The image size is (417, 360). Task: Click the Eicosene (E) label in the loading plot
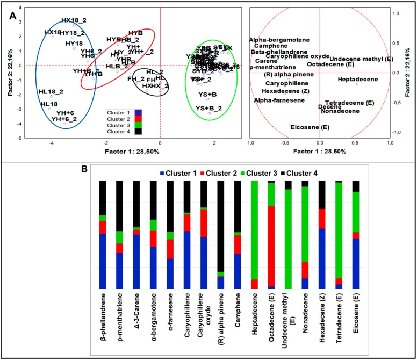pyautogui.click(x=306, y=127)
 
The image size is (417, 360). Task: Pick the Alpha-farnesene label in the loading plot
pyautogui.click(x=275, y=100)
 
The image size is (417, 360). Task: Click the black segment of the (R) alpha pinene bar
pyautogui.click(x=220, y=226)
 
